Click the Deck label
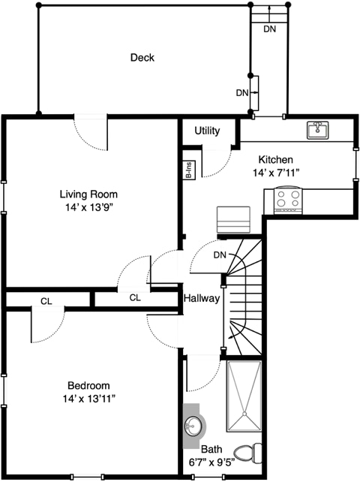click(142, 58)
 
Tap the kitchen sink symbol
click(317, 130)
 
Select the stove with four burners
click(288, 200)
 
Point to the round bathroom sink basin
click(192, 426)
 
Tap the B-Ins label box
click(189, 170)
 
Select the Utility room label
click(207, 131)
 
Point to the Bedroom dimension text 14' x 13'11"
click(88, 399)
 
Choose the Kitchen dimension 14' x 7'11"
click(276, 173)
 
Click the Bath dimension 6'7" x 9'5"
click(212, 462)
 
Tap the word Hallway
click(202, 298)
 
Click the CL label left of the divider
click(46, 302)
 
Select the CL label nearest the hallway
click(135, 297)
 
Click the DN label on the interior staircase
click(220, 255)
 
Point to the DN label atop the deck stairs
click(270, 29)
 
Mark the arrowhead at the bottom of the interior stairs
click(228, 338)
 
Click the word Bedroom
click(88, 385)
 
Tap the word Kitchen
click(276, 159)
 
